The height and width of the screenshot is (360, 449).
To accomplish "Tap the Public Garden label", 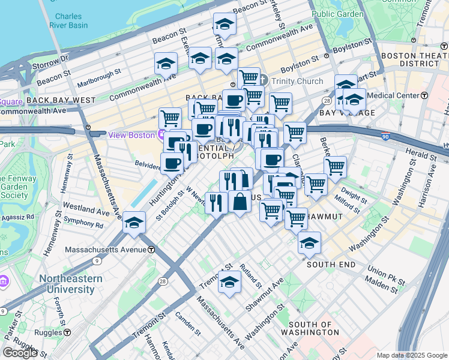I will [337, 14].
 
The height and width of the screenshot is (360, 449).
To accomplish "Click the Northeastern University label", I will [67, 284].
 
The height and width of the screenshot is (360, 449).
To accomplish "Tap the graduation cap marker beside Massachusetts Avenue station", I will [134, 223].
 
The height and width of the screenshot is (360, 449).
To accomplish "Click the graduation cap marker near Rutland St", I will [229, 282].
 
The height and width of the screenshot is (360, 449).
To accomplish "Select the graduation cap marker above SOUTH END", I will [309, 243].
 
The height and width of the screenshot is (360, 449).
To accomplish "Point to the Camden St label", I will [188, 323].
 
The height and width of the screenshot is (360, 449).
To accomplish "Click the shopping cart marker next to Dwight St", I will [335, 167].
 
